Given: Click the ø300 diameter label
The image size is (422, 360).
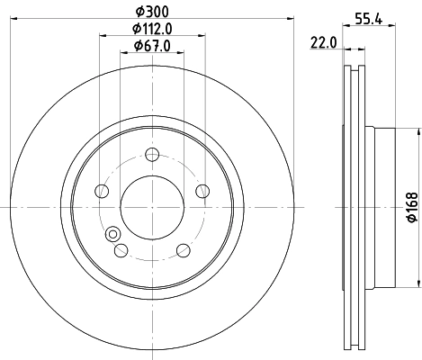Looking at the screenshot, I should click(x=151, y=13).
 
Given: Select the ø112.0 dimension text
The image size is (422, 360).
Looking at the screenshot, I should click(x=151, y=30).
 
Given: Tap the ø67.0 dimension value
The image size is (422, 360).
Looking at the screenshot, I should click(x=151, y=46).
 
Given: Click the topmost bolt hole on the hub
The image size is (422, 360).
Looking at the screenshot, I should click(x=151, y=154).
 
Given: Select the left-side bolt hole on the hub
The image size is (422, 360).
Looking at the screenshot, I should click(x=102, y=191).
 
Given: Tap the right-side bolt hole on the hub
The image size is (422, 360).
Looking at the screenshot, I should click(x=202, y=191).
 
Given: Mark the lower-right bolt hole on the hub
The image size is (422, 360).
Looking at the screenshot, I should click(x=183, y=249).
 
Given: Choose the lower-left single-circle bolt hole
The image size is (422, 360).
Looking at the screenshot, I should click(x=121, y=249).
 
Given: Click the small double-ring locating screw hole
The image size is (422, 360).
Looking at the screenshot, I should click(x=112, y=235).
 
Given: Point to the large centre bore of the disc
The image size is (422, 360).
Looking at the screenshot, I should click(x=151, y=206).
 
